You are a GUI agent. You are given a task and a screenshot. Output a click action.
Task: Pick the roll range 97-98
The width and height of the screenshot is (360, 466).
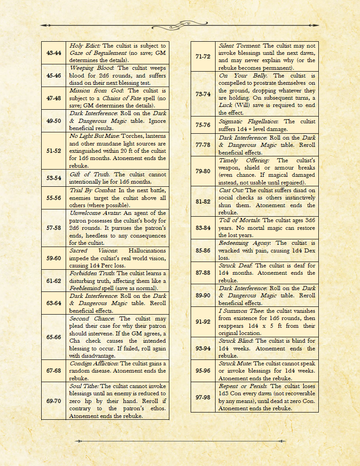click(x=203, y=397)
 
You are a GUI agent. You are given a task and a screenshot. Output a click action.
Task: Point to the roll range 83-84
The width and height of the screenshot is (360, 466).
click(x=203, y=228)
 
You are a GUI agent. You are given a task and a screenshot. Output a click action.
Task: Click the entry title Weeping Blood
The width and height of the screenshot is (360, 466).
click(x=87, y=68)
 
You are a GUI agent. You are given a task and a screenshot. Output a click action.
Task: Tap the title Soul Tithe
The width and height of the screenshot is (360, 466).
click(x=84, y=386)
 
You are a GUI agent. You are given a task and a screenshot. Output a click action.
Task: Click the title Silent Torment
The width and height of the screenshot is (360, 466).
click(x=240, y=46)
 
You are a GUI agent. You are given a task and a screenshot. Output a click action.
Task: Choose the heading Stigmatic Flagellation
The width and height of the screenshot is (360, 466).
click(x=249, y=121)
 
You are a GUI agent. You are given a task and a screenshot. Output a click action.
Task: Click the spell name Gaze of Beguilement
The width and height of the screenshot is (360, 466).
click(x=96, y=53)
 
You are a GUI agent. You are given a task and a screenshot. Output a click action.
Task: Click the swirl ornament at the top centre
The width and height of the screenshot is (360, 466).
click(x=180, y=24)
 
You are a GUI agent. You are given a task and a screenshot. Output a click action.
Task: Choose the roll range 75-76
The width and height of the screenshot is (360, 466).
click(x=203, y=125)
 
